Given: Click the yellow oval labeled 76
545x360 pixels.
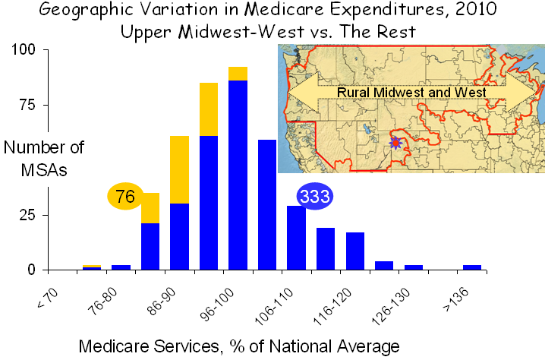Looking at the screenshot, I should point(125,197).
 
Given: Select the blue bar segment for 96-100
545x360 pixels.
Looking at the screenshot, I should point(238,175).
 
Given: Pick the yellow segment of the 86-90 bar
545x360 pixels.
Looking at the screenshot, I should point(179,169).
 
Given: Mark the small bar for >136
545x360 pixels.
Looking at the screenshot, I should point(472,267).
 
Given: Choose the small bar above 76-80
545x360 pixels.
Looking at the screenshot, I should point(121,267).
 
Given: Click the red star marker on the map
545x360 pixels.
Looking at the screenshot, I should point(395,142).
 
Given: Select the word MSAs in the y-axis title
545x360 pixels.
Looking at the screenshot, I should point(45,170).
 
